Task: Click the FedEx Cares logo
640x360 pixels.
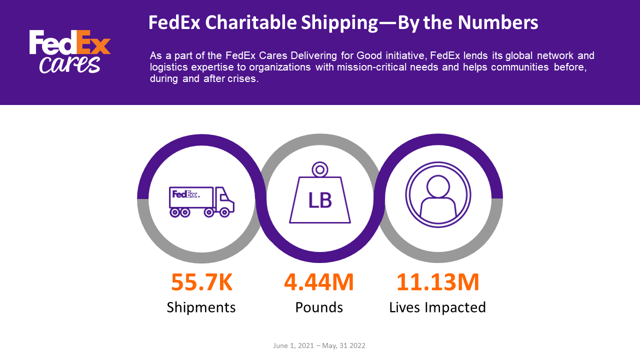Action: pos(69,51)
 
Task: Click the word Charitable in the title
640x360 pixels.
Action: pos(251,22)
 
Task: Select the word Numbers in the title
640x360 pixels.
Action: pos(498,22)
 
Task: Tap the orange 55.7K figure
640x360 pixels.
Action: pos(201,282)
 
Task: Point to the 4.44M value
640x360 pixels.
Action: pos(319,282)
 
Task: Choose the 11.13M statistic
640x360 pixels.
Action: pos(437,282)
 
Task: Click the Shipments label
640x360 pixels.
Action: pos(201,307)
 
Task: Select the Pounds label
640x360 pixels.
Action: pos(319,307)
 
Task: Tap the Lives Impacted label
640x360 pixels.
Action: pos(437,307)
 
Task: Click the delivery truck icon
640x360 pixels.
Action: pos(201,202)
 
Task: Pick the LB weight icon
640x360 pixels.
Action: pos(320,192)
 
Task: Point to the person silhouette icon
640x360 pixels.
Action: pos(438,194)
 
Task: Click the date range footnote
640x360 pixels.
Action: pos(319,345)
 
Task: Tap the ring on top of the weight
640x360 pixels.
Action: pos(320,169)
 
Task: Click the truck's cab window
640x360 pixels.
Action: pos(224,197)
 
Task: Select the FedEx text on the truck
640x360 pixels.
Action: pos(184,194)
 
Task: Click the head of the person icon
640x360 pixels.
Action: pos(438,186)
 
